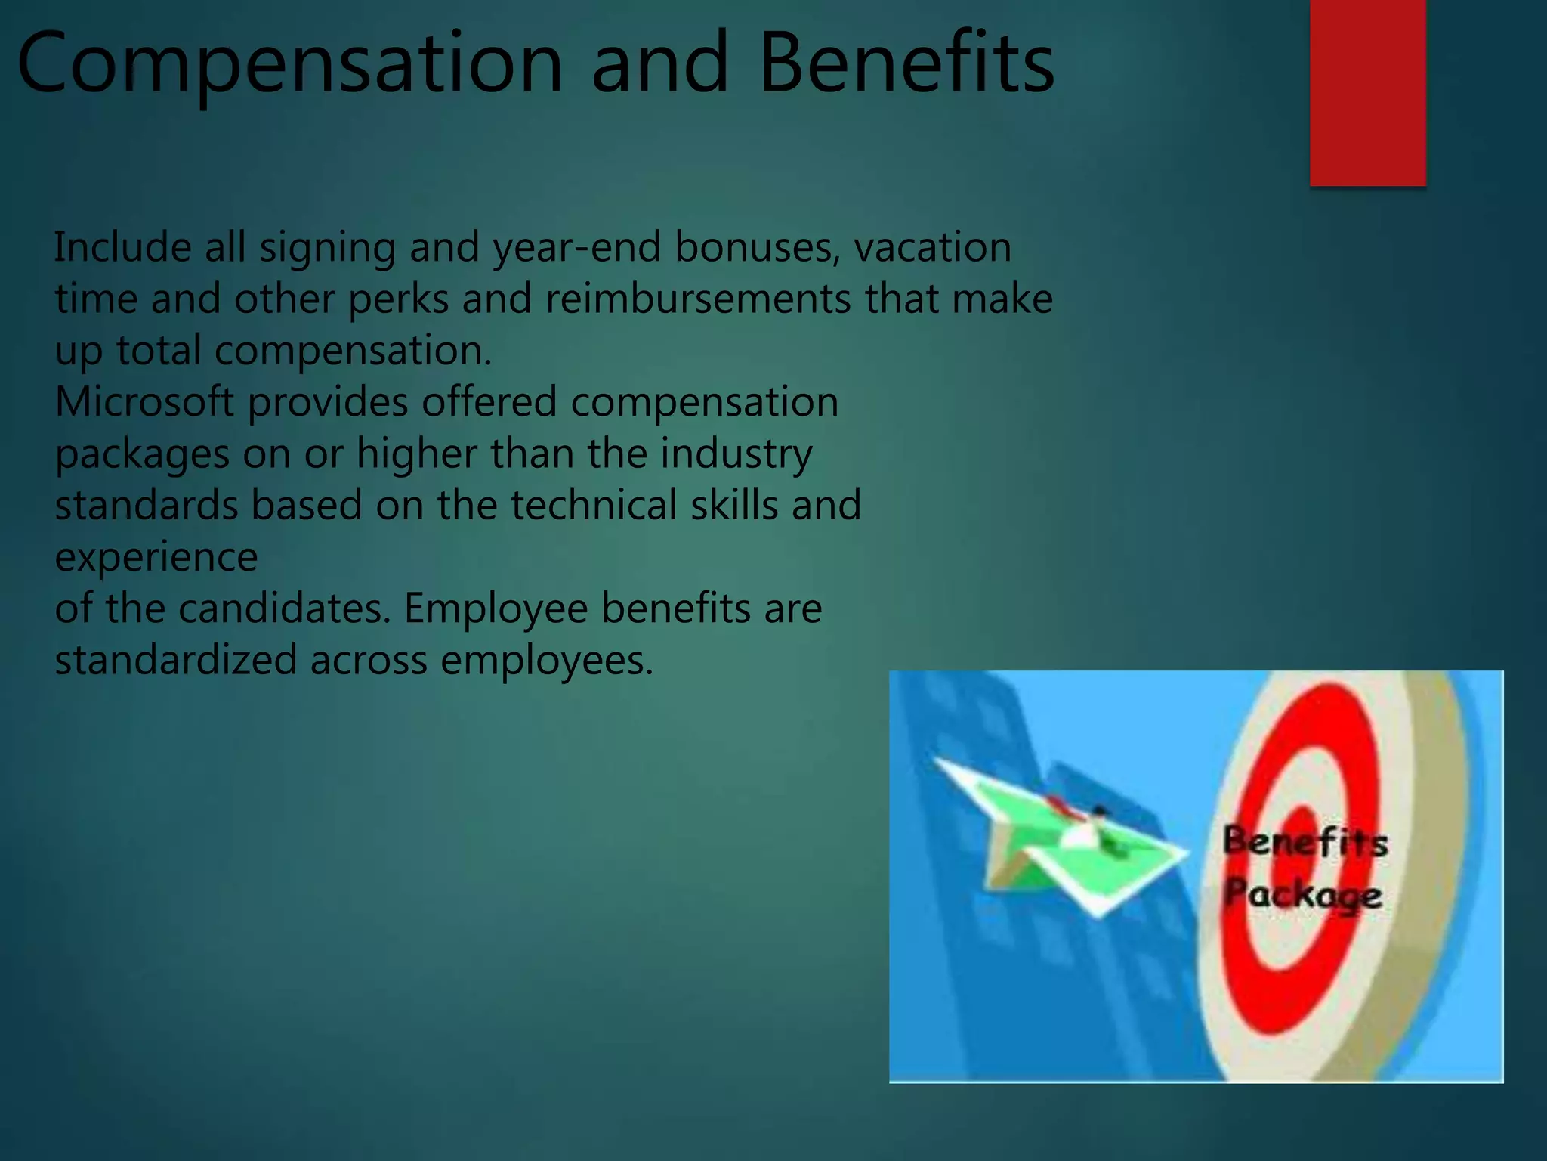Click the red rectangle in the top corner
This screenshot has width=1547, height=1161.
1367,92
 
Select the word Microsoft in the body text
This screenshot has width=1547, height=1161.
144,401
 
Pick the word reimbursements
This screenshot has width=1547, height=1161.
698,299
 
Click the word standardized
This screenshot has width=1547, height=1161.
175,660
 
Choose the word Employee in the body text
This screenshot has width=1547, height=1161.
496,609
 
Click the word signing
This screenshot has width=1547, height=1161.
327,249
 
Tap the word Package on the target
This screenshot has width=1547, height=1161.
1303,895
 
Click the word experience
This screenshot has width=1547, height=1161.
156,558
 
